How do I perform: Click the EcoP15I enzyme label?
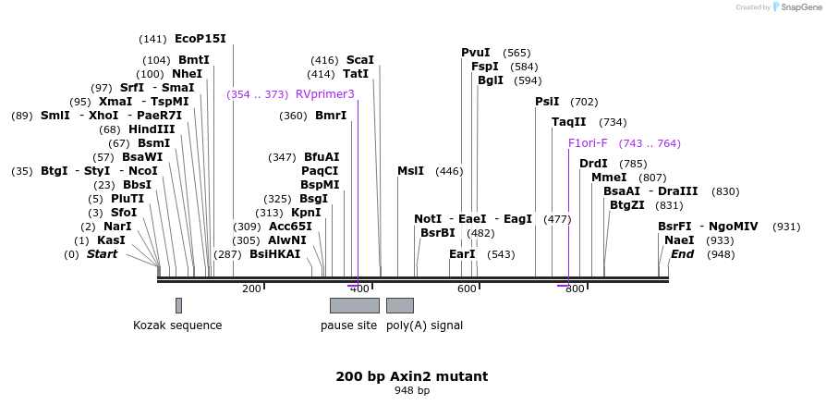tap(200, 39)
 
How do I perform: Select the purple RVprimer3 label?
tap(324, 94)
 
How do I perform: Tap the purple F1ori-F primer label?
tap(588, 143)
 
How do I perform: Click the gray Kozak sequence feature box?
tap(178, 305)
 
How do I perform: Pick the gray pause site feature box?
tap(354, 305)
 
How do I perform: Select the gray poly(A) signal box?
tap(399, 305)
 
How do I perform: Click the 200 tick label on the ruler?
tap(251, 289)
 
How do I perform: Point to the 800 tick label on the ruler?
tap(575, 289)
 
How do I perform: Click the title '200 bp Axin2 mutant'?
tap(412, 376)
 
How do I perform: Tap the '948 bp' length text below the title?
tap(412, 391)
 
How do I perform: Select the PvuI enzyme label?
tap(476, 53)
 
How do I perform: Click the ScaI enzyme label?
tap(359, 60)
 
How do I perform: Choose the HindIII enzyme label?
tap(152, 129)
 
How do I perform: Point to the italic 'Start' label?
tap(102, 254)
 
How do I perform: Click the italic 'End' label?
tap(682, 254)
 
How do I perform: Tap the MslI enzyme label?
tap(410, 171)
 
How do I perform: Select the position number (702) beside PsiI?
tap(584, 102)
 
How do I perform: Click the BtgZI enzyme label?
tap(627, 205)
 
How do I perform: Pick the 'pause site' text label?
tap(348, 325)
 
